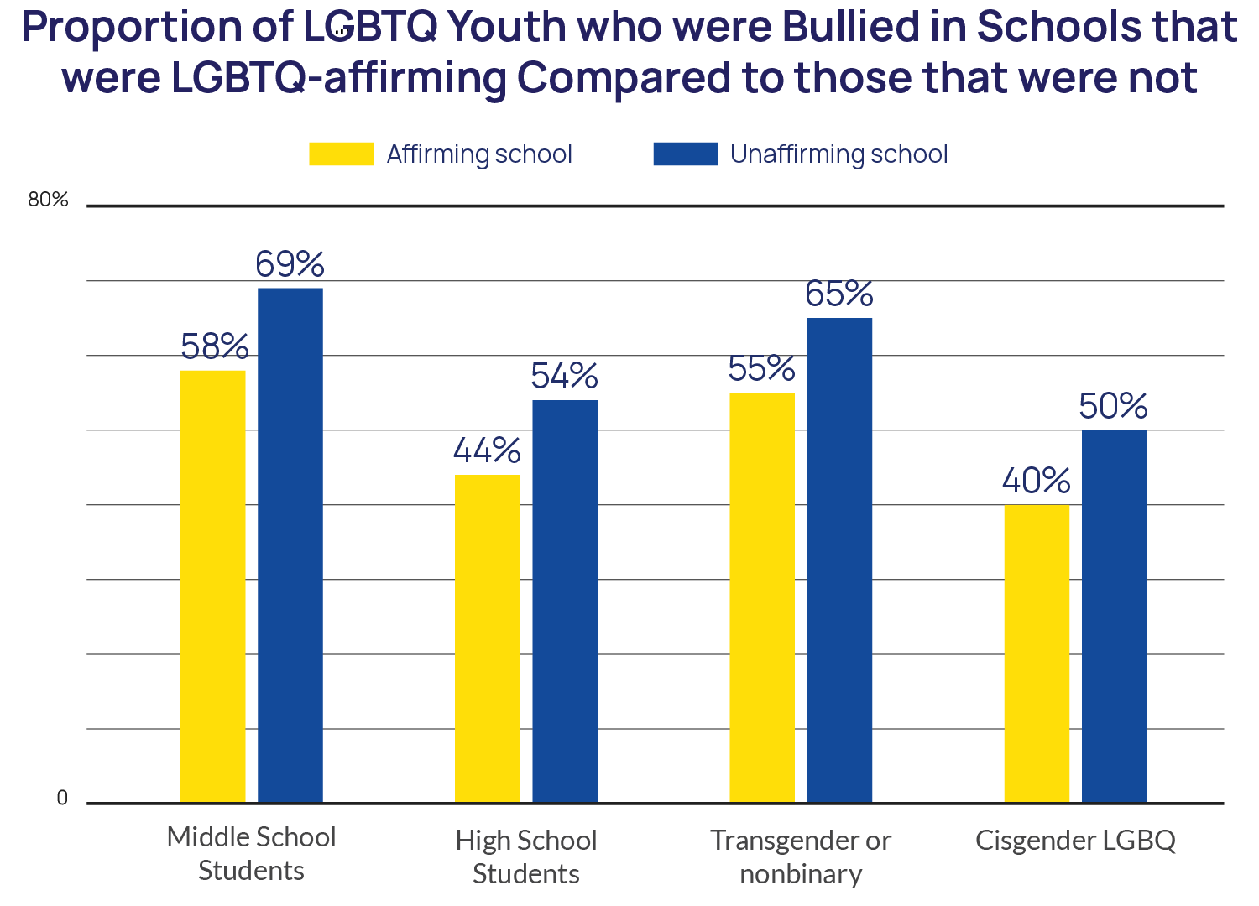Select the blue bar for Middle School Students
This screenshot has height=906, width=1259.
[290, 544]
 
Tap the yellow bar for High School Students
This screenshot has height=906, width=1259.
[488, 638]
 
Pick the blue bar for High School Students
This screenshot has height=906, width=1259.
[565, 601]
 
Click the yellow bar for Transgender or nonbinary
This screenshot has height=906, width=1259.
[762, 596]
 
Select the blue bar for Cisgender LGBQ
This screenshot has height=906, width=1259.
[1114, 616]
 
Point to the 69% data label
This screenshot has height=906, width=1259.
[290, 264]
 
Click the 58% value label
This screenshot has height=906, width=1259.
[215, 346]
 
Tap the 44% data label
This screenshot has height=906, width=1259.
[487, 451]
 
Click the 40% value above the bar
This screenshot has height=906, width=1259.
[1037, 482]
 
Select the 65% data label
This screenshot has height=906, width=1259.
[839, 294]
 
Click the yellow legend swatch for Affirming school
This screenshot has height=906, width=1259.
[341, 154]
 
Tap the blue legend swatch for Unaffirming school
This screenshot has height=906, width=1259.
[685, 154]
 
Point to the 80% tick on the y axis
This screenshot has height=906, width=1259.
[48, 200]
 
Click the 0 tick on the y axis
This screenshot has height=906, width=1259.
[61, 798]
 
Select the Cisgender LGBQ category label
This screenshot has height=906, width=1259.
[1075, 841]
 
